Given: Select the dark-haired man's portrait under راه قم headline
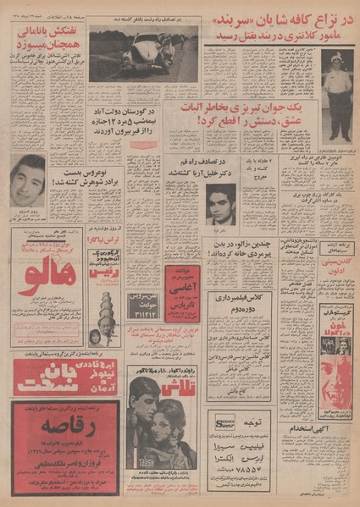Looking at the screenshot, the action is (221, 203).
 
